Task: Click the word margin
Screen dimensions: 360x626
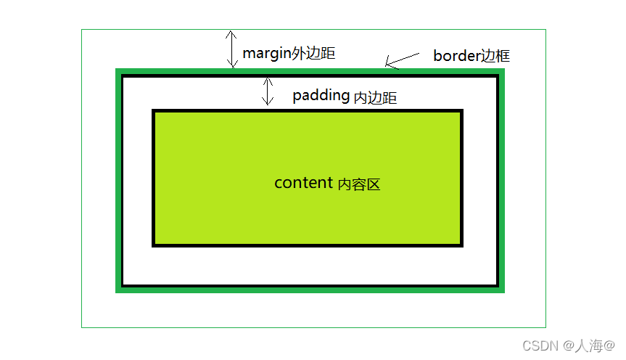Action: coord(266,53)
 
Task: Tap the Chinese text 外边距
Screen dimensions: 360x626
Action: coord(313,53)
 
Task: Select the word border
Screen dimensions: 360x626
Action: coord(457,56)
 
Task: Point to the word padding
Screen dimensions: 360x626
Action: coord(321,97)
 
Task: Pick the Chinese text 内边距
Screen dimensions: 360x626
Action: coord(375,98)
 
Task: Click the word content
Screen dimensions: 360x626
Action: coord(303,183)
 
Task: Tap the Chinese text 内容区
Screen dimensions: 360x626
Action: coord(359,184)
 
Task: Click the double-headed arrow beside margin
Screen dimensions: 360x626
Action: coord(231,49)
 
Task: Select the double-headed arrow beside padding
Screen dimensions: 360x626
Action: coord(268,91)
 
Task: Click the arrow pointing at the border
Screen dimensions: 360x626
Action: coord(402,60)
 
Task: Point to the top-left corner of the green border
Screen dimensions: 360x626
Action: coord(118,70)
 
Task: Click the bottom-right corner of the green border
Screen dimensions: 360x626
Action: coord(503,290)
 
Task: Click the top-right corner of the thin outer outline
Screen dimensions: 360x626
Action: coord(545,30)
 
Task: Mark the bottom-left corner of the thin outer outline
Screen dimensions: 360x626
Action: coord(82,327)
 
